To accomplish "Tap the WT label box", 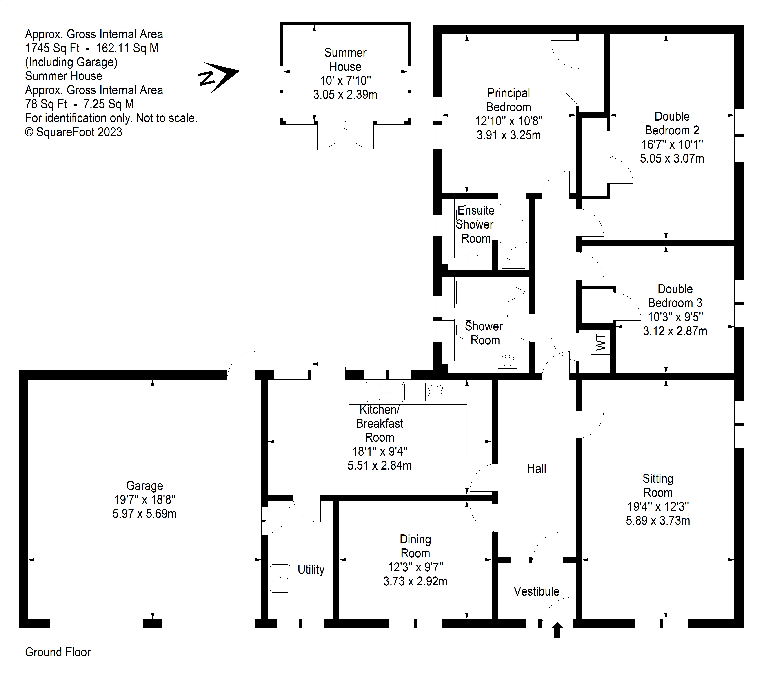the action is [x=601, y=342].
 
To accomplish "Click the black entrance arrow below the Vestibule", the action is [x=557, y=630].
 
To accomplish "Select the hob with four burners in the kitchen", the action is [x=435, y=391].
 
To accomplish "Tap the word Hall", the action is [x=536, y=469].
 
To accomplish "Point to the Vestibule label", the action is [x=536, y=591].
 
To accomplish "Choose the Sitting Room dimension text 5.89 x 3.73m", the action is [x=658, y=521].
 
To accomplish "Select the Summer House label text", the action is [x=345, y=59].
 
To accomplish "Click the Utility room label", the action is [x=311, y=569].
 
